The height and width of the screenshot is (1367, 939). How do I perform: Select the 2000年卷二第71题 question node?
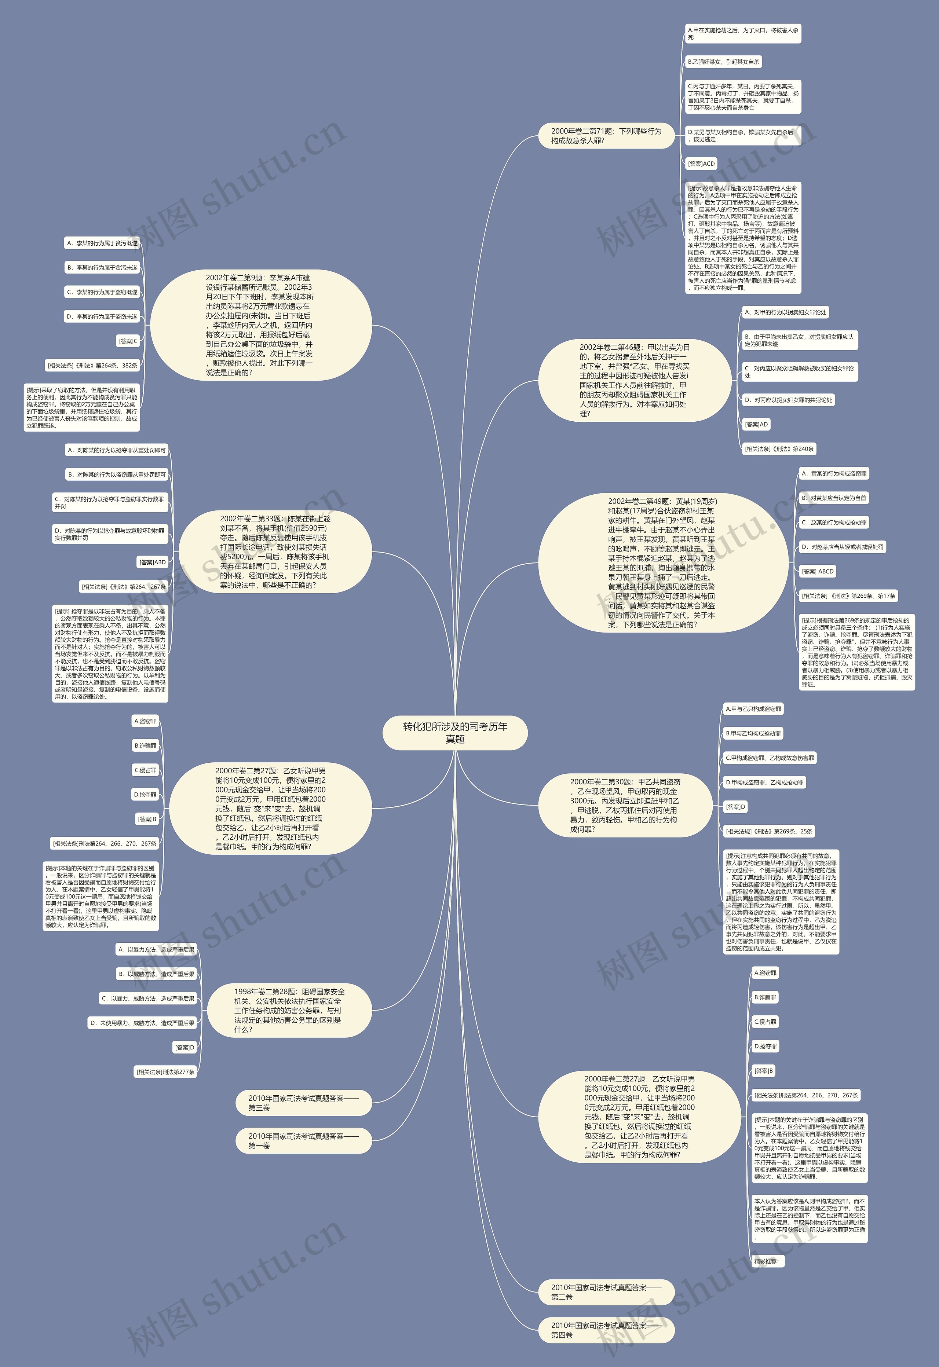coord(606,136)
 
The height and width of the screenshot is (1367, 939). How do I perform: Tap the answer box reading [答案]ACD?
coord(701,164)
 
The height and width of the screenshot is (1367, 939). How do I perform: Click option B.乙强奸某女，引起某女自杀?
coord(724,62)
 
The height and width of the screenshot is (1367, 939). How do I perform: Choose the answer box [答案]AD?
coord(756,424)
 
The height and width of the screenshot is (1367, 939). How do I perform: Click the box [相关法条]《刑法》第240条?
coord(779,449)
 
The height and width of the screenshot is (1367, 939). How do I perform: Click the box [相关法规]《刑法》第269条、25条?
coord(769,831)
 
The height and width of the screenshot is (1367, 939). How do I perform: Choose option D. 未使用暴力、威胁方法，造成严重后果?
coord(142,1023)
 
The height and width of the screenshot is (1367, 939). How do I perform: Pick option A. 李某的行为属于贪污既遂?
coord(102,243)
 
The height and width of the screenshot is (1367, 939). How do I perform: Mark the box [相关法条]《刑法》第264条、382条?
coord(92,365)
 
